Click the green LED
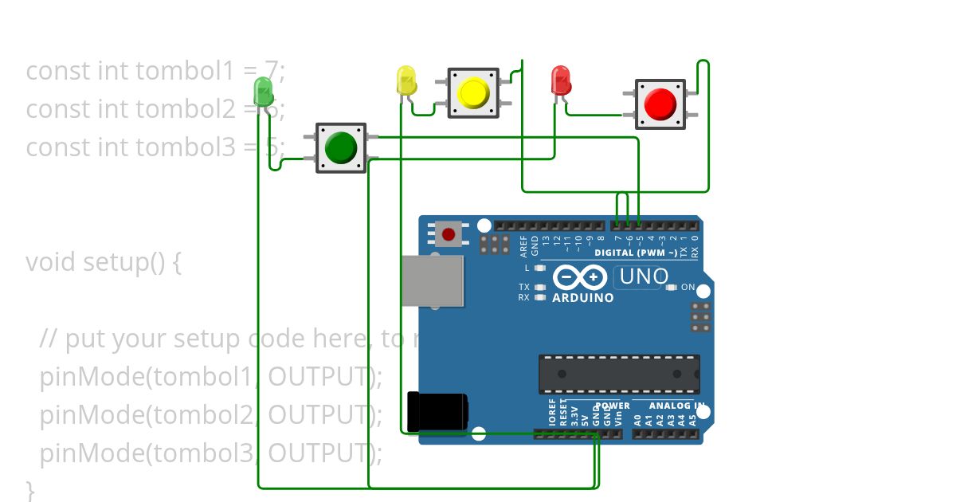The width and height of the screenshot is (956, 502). tap(262, 91)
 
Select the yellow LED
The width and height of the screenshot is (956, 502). tap(406, 81)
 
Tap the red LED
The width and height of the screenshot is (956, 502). tap(561, 81)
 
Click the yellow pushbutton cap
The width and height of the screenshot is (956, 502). tap(473, 93)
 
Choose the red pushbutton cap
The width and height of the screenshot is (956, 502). tap(660, 104)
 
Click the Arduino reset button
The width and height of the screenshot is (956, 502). tap(449, 234)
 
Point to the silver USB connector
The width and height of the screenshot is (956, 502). tap(432, 280)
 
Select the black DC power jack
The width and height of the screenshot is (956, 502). tap(437, 410)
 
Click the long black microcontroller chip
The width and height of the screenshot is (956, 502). tap(619, 374)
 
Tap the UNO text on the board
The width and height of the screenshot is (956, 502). tap(643, 276)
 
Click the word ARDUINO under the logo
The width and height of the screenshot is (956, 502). tap(583, 298)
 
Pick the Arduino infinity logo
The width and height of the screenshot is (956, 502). tap(581, 276)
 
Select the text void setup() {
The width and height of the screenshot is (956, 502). tap(104, 261)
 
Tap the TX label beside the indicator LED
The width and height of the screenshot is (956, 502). tap(523, 287)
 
